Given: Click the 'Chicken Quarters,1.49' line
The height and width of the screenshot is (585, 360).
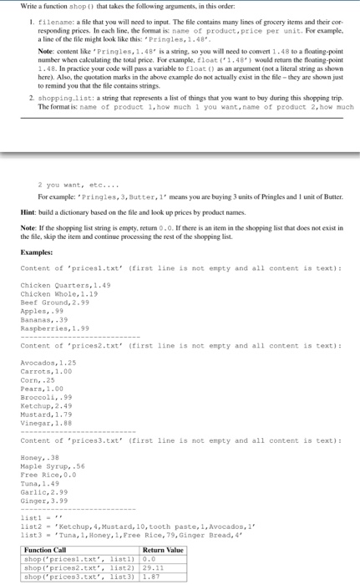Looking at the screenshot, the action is pyautogui.click(x=55, y=287).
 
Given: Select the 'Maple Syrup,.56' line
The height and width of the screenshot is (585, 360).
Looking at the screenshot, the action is pyautogui.click(x=48, y=466).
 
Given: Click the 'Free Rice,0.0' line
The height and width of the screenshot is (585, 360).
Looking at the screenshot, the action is pyautogui.click(x=45, y=475).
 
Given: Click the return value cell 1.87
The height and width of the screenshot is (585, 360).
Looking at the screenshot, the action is pyautogui.click(x=151, y=577).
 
